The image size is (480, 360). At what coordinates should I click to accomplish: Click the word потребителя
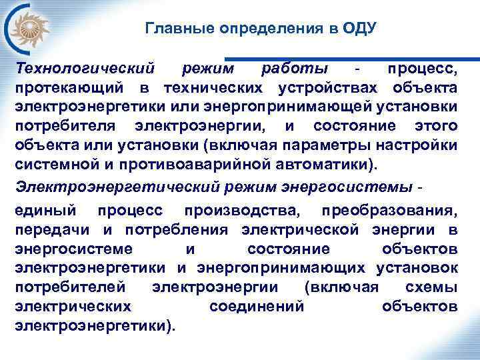click(x=66, y=125)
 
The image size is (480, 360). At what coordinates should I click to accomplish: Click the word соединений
click(x=257, y=307)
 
